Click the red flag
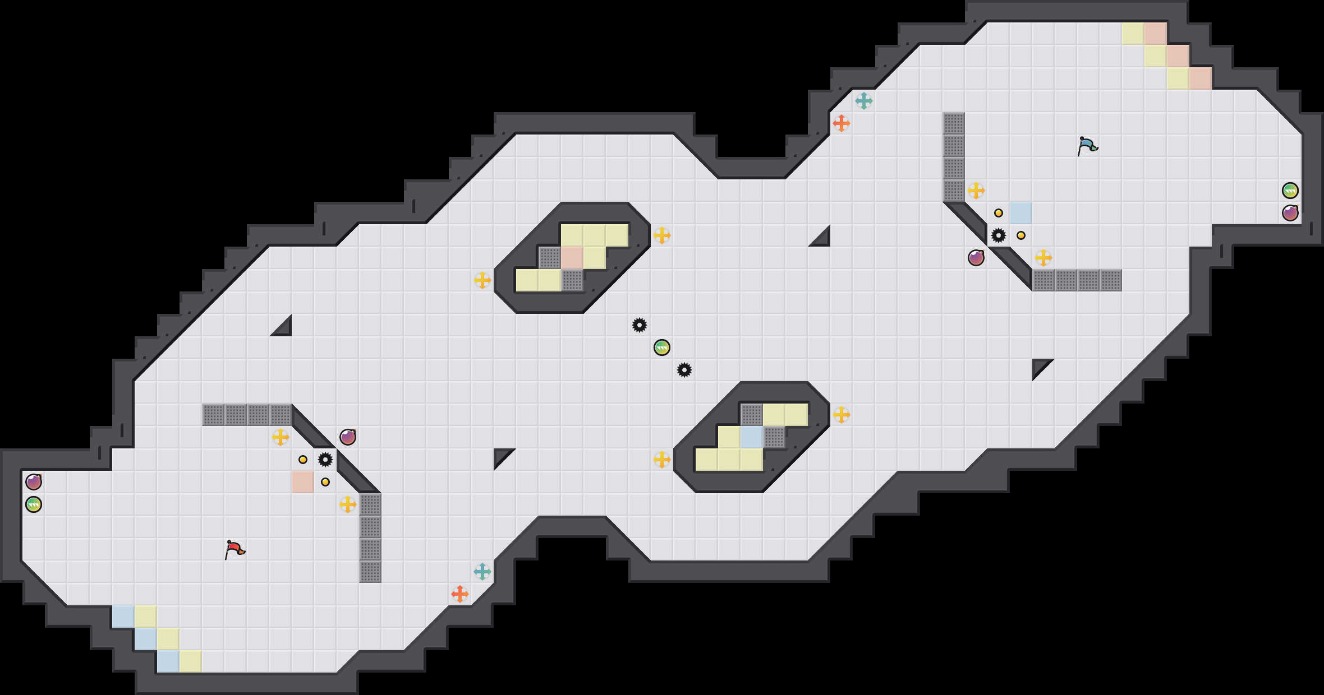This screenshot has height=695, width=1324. [235, 550]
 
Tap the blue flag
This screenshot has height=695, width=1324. [1087, 146]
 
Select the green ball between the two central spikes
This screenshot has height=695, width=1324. [662, 347]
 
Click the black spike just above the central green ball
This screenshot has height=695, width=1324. [640, 325]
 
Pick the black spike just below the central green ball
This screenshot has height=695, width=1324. [684, 370]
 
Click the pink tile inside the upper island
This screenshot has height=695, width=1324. [572, 258]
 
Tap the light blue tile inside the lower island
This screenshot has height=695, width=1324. [752, 437]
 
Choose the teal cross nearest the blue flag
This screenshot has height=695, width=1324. [864, 101]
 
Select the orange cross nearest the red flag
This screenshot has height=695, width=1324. [460, 594]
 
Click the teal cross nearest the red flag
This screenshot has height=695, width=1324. [482, 572]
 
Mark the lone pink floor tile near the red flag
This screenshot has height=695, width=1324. [303, 482]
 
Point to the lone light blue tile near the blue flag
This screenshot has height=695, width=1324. [1021, 213]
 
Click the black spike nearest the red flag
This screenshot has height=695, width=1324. [325, 460]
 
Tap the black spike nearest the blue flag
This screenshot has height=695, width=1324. [999, 235]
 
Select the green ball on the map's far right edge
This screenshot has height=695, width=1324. [1290, 191]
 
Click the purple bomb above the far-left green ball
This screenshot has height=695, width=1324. [34, 482]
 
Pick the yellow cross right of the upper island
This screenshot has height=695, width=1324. [662, 235]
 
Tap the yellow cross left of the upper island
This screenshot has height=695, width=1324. [482, 280]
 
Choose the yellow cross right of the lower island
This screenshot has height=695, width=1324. [842, 415]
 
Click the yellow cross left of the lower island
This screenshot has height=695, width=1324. [662, 460]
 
